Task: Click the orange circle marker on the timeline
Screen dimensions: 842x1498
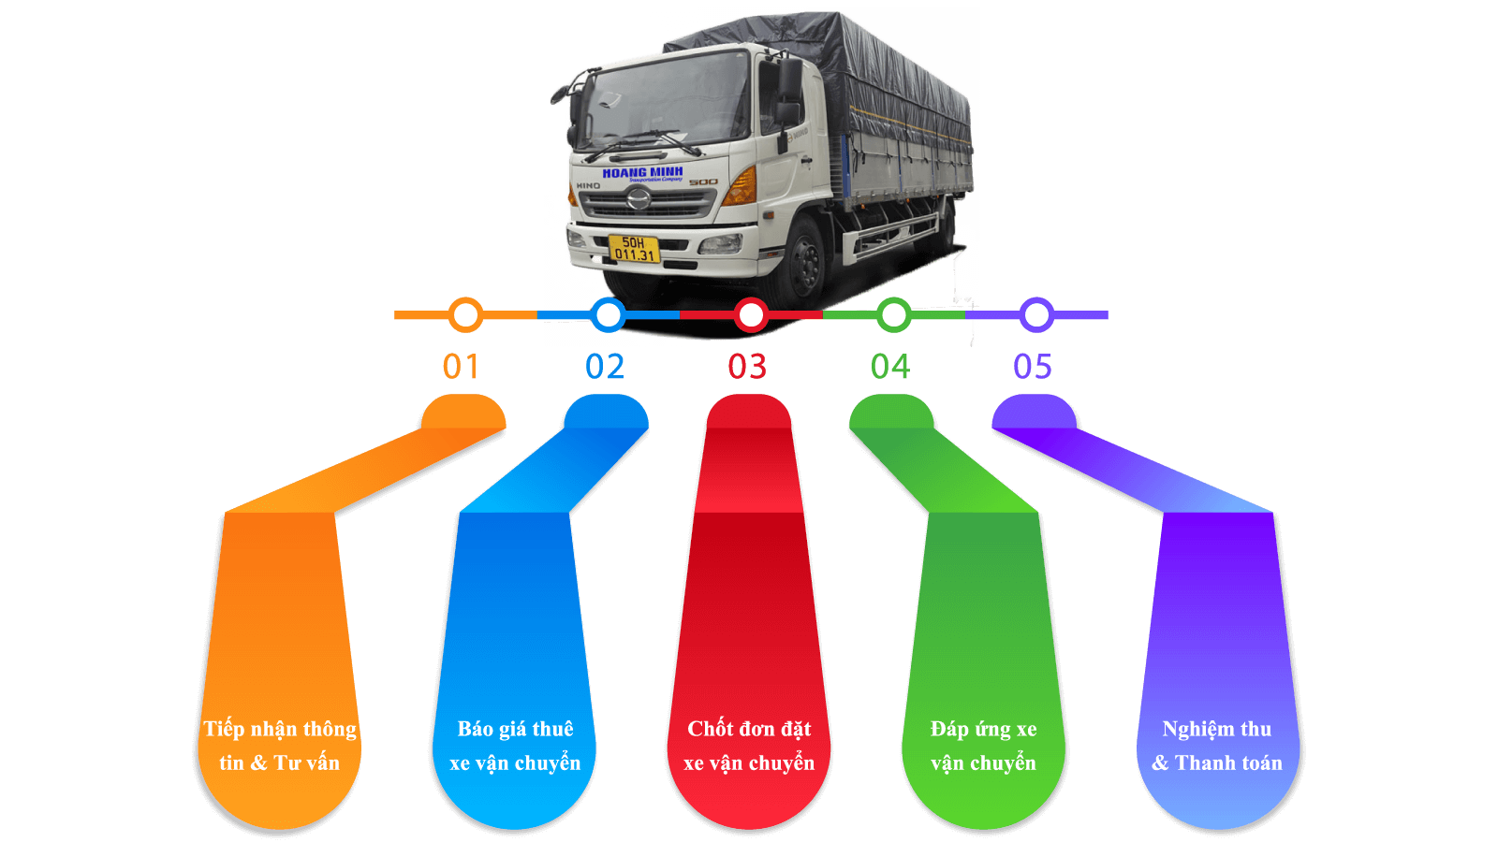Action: click(465, 315)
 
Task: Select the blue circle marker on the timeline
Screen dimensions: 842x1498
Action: click(609, 315)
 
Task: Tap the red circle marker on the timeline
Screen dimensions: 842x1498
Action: click(751, 315)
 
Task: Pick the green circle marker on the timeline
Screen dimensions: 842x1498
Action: click(894, 315)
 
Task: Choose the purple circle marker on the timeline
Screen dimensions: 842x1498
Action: click(1036, 315)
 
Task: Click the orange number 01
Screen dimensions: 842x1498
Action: click(461, 367)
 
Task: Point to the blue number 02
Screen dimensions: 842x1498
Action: click(605, 367)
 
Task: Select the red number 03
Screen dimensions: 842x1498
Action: click(747, 367)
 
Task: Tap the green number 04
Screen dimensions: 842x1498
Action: click(890, 367)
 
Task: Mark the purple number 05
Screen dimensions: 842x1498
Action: click(1033, 367)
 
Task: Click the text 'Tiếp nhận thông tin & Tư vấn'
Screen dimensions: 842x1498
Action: click(280, 746)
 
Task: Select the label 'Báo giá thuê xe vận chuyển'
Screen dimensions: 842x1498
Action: click(515, 746)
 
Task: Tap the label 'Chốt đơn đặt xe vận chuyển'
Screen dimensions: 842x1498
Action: click(749, 746)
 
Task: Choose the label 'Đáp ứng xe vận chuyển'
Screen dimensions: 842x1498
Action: click(983, 746)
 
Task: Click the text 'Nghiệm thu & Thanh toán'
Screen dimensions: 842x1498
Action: click(1217, 746)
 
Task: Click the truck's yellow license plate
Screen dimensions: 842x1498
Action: click(634, 249)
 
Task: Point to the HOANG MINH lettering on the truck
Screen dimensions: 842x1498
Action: click(642, 173)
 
